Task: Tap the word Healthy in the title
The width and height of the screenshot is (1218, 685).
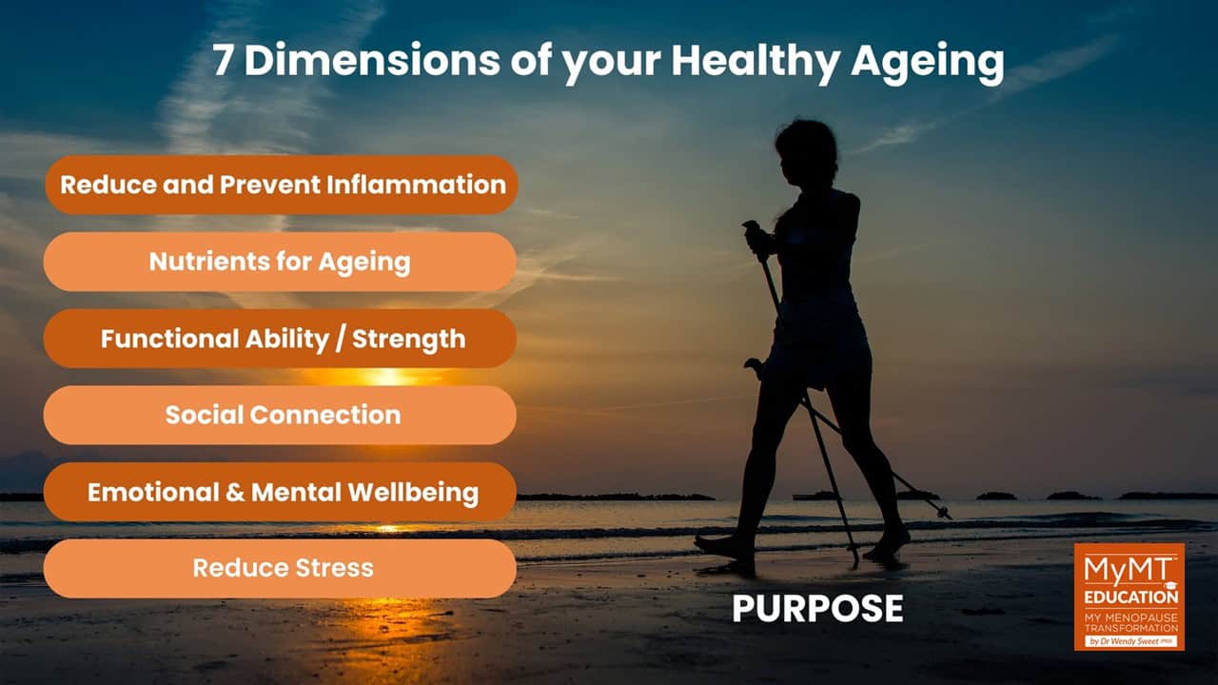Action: click(756, 63)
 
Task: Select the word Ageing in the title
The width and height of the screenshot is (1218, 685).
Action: click(927, 63)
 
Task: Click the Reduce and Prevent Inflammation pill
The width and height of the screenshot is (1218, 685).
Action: click(281, 185)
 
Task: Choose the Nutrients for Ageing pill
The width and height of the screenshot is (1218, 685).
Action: click(280, 262)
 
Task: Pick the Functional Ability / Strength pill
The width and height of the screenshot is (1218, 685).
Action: click(280, 339)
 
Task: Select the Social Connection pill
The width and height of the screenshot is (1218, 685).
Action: click(280, 416)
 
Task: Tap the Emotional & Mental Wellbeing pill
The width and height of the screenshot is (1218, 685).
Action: click(280, 492)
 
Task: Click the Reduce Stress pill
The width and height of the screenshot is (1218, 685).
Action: click(280, 569)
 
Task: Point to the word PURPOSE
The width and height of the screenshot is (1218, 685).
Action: click(817, 608)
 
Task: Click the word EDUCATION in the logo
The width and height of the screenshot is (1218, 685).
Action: click(1131, 597)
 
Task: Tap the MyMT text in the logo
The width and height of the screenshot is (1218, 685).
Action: click(1128, 570)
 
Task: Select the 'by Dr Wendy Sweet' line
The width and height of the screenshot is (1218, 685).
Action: click(1131, 641)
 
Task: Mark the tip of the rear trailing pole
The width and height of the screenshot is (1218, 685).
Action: click(948, 516)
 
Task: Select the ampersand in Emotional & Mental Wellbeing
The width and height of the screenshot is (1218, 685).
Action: click(235, 493)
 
